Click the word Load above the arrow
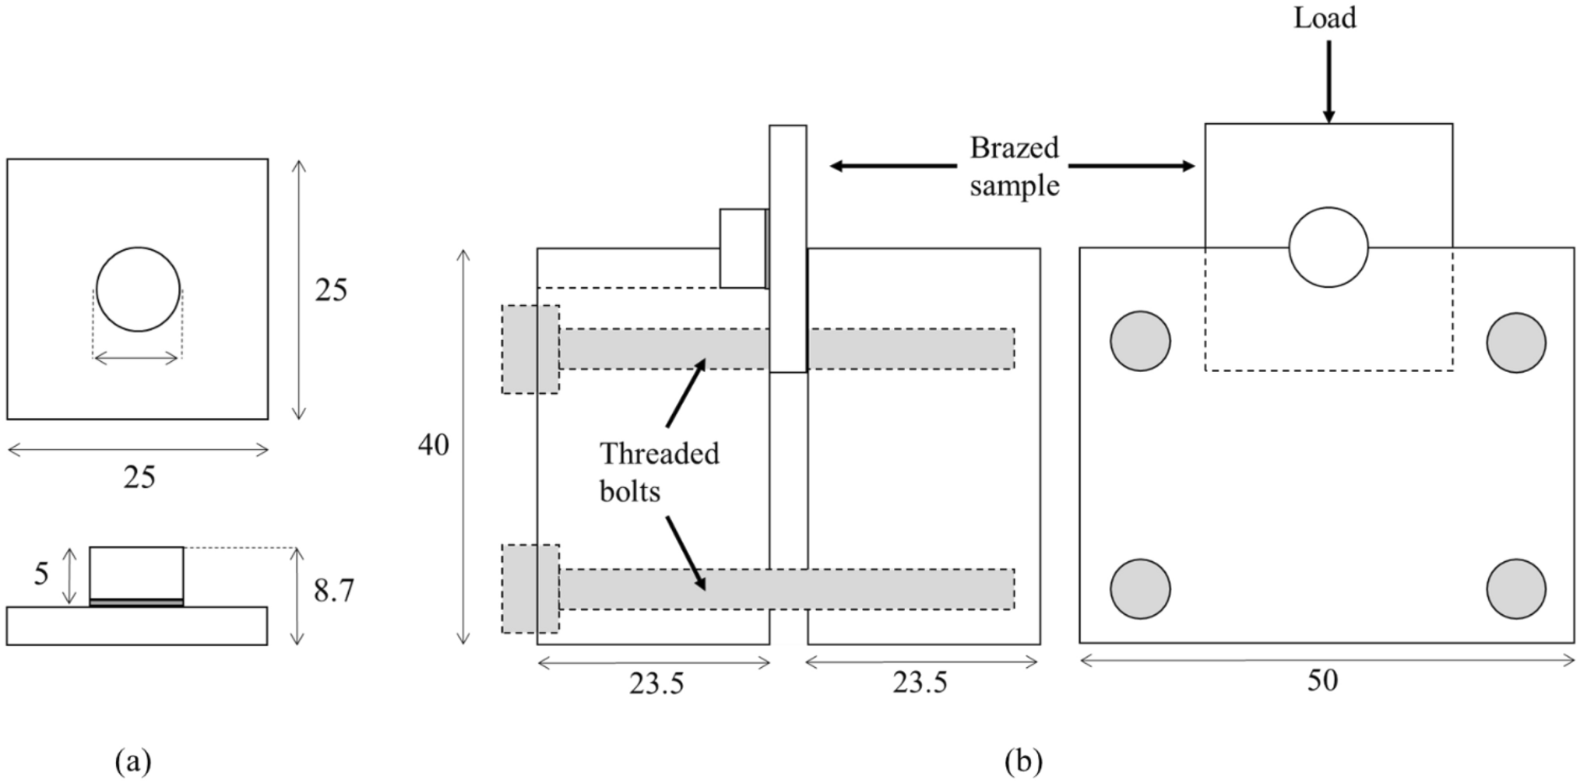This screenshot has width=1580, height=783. pyautogui.click(x=1325, y=18)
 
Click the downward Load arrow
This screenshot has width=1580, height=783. pyautogui.click(x=1328, y=82)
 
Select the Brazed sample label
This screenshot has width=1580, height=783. pyautogui.click(x=1014, y=167)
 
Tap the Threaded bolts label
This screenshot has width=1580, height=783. pyautogui.click(x=659, y=472)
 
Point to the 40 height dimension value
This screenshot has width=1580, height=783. pyautogui.click(x=433, y=445)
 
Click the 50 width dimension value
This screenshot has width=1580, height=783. pyautogui.click(x=1322, y=681)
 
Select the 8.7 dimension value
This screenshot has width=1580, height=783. pyautogui.click(x=334, y=592)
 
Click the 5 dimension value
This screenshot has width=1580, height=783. pyautogui.click(x=41, y=574)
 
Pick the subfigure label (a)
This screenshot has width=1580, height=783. pyautogui.click(x=133, y=760)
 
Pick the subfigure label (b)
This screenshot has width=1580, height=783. pyautogui.click(x=1023, y=761)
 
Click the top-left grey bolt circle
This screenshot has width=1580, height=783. pyautogui.click(x=1140, y=341)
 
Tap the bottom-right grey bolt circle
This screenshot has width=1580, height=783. pyautogui.click(x=1515, y=589)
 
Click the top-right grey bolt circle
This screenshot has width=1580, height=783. pyautogui.click(x=1515, y=342)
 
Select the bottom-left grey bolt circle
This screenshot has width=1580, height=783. pyautogui.click(x=1140, y=589)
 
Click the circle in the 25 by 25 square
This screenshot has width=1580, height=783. pyautogui.click(x=138, y=290)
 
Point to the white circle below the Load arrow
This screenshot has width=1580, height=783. pyautogui.click(x=1328, y=248)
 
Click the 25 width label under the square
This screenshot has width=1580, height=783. pyautogui.click(x=139, y=477)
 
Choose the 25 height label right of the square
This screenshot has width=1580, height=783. pyautogui.click(x=331, y=290)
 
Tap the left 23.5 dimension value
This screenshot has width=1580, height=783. pyautogui.click(x=656, y=683)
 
